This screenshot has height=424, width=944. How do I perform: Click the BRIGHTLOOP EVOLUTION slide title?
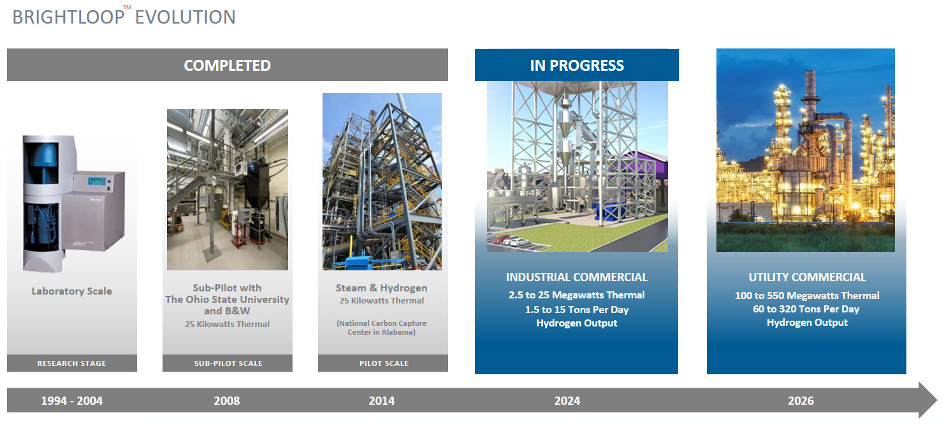click(124, 17)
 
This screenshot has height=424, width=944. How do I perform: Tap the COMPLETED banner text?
click(227, 65)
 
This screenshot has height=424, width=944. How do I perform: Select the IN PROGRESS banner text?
click(577, 65)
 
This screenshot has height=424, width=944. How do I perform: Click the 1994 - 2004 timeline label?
click(71, 400)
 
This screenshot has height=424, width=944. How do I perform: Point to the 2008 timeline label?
click(227, 400)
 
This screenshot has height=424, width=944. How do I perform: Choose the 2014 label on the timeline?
click(382, 400)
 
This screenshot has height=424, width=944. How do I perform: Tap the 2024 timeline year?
click(567, 400)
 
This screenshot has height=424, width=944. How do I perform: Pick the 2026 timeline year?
click(801, 400)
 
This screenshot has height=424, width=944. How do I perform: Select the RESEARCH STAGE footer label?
click(71, 363)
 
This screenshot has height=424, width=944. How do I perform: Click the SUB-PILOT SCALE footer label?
click(228, 363)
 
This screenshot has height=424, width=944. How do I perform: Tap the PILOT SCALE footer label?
click(384, 363)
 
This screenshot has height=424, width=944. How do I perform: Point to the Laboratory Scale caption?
click(71, 291)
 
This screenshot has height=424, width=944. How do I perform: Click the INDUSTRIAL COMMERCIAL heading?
click(576, 277)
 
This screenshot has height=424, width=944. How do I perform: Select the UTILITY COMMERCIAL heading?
click(807, 277)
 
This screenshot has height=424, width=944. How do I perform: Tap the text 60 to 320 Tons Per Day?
click(806, 309)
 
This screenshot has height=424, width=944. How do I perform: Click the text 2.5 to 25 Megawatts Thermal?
click(576, 295)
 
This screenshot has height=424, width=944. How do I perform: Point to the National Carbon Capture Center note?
click(381, 328)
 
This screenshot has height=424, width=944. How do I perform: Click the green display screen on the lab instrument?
click(96, 181)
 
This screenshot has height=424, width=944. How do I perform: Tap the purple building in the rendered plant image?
click(646, 164)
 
